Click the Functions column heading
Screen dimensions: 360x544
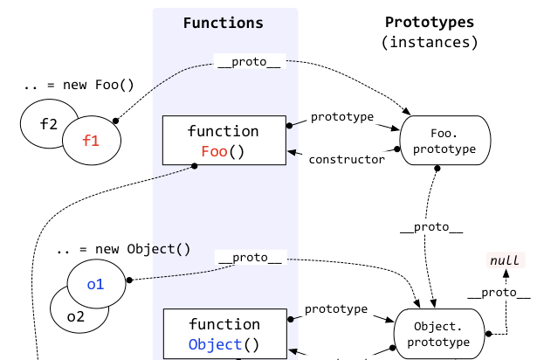coord(224,23)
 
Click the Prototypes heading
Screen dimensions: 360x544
coord(430,22)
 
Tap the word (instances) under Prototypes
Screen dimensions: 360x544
coord(430,41)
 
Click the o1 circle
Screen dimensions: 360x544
coord(94,283)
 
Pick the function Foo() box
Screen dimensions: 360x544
coord(224,141)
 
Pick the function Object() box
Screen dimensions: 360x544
coord(224,335)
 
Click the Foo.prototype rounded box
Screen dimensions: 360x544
coord(445,142)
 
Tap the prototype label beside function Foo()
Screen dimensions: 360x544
coord(342,116)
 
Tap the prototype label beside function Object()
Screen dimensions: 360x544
coord(336,309)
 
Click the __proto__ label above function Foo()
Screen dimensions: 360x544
coord(250,64)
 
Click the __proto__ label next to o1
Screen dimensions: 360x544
coord(250,258)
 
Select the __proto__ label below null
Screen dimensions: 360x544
coord(498,293)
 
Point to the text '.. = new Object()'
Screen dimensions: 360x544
coord(122,248)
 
